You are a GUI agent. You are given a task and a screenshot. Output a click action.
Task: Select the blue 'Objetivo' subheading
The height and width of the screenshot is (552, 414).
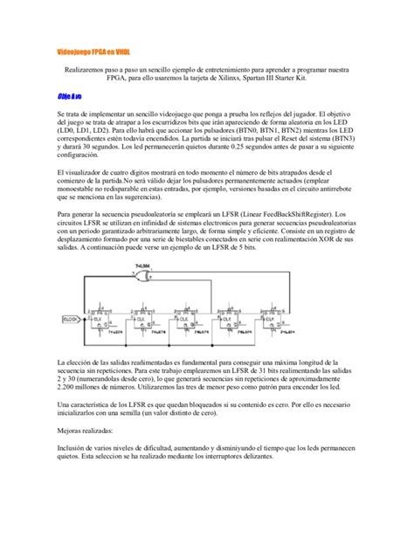[69, 96]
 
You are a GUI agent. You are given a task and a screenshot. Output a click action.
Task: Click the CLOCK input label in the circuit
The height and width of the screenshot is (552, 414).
[71, 319]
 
